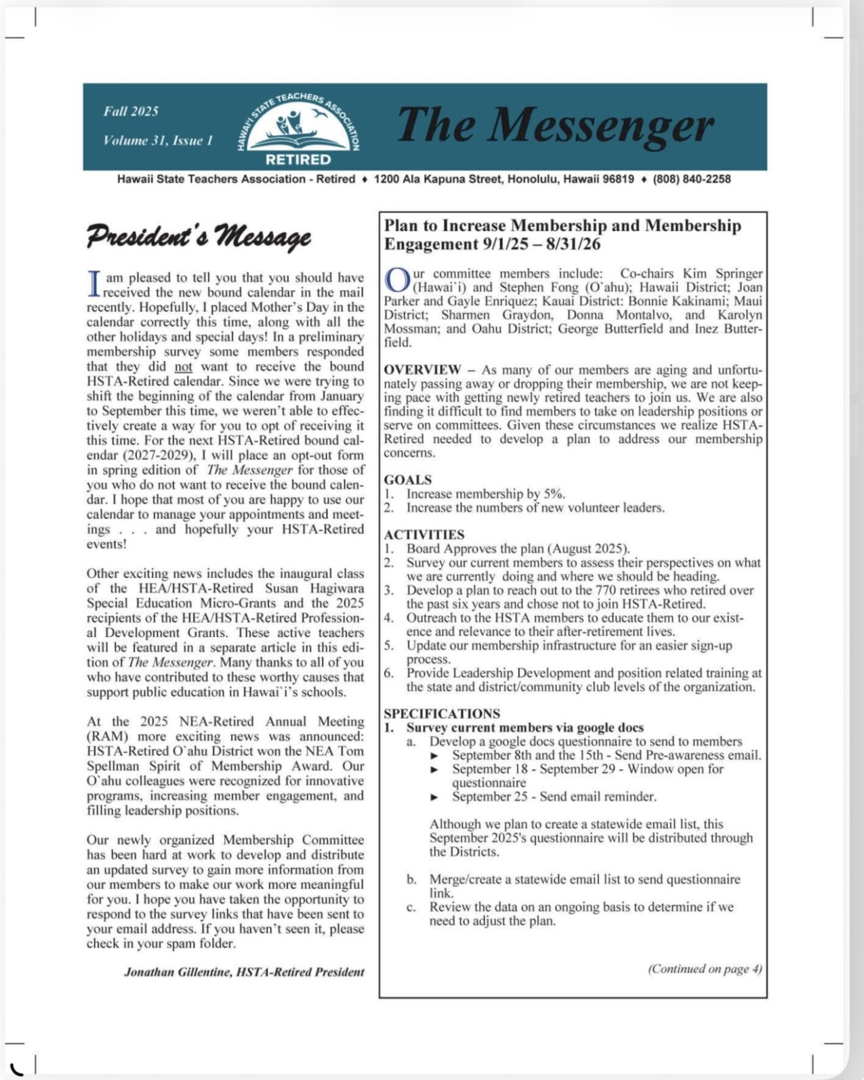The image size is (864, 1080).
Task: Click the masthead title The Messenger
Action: [x=554, y=126]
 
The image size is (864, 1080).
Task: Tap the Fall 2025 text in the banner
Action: [x=131, y=112]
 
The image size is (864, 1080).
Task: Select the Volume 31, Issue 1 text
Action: [x=158, y=141]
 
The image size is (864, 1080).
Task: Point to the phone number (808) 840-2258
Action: [x=692, y=180]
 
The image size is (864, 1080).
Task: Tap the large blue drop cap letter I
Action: [x=95, y=285]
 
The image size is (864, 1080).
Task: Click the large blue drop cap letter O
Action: [x=396, y=280]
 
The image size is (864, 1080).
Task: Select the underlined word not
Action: [x=183, y=367]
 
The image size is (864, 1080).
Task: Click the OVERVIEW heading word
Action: [x=422, y=370]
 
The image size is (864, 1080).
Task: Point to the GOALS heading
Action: [x=407, y=480]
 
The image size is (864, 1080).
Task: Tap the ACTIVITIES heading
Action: [x=424, y=535]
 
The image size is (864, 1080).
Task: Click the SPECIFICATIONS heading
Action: [x=442, y=713]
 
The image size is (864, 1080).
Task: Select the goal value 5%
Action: [x=554, y=494]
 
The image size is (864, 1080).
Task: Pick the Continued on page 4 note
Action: [x=705, y=969]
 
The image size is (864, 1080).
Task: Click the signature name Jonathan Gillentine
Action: [x=178, y=972]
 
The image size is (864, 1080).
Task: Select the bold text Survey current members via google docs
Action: [x=524, y=728]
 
